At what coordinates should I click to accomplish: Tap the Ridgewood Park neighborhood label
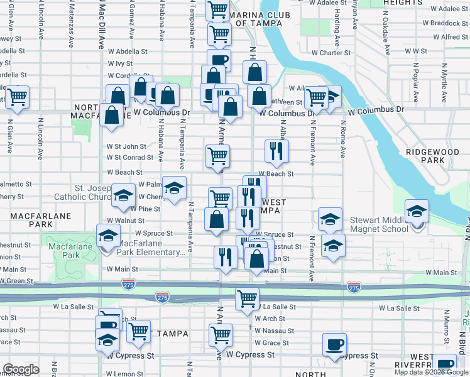425,156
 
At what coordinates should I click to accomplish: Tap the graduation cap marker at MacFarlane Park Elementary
109,238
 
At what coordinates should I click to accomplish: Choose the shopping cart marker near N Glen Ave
17,97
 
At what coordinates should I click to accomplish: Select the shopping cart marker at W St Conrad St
217,156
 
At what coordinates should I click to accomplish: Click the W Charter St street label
321,53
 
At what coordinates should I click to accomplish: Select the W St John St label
126,146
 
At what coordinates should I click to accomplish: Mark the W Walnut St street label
125,221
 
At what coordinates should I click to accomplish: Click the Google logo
21,369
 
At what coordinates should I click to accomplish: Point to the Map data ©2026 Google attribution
431,372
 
